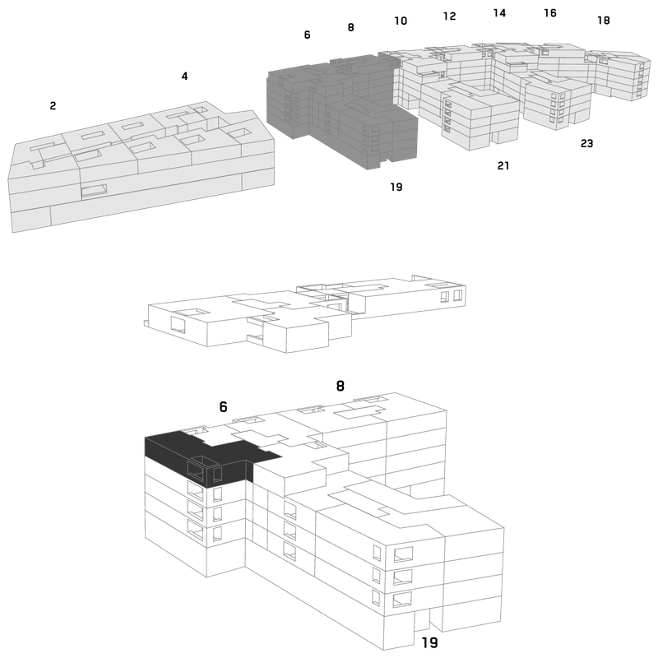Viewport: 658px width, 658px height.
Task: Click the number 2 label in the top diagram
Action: coord(53,106)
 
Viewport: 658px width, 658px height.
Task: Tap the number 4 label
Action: coord(184,76)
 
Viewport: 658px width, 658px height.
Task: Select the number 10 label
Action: coord(401,21)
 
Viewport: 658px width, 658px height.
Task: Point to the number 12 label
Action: coord(449,16)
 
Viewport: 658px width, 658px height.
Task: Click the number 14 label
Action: coord(499,13)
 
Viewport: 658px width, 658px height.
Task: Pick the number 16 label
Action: coord(550,13)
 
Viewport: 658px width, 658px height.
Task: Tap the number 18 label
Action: coord(604,20)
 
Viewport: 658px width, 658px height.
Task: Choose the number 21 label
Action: coord(503,166)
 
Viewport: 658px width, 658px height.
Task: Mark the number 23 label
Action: coord(586,143)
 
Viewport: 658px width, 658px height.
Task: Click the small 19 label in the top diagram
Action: coord(396,187)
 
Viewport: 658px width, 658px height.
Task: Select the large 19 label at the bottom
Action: coord(429,642)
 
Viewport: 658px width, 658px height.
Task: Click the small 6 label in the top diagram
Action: coord(307,35)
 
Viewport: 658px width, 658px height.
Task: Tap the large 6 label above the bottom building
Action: coord(223,406)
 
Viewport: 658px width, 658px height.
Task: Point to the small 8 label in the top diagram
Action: coord(351,27)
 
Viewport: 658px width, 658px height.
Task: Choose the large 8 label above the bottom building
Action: coord(341,386)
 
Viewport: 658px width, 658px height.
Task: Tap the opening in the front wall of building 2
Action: coord(94,190)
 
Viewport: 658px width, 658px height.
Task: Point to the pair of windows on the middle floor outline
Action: coord(452,296)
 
